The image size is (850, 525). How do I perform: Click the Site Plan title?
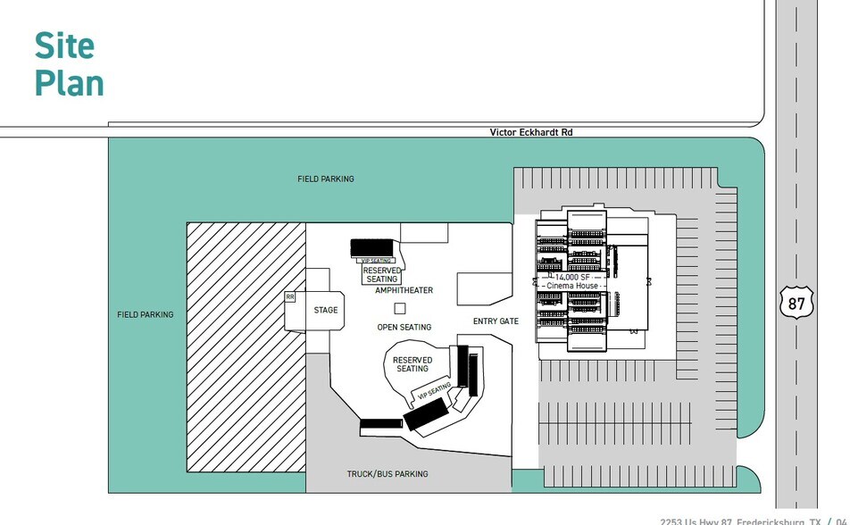click(69, 64)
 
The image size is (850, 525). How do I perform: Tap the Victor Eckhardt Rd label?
click(531, 132)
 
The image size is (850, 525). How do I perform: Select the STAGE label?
click(326, 311)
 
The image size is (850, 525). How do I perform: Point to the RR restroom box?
click(290, 296)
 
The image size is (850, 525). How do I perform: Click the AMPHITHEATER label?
click(404, 290)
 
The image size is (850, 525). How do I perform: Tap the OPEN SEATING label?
click(404, 328)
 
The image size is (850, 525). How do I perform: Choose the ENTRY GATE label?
click(496, 321)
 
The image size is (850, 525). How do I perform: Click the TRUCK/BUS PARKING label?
click(387, 474)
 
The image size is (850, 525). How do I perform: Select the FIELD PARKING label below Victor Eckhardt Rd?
click(326, 179)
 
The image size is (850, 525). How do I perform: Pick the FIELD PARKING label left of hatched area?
click(146, 315)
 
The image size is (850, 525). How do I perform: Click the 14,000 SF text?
click(571, 277)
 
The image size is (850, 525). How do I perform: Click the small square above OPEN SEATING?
click(400, 309)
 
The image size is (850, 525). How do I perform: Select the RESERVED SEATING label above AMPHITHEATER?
click(382, 275)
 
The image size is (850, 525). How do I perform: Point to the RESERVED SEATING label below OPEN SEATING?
click(412, 364)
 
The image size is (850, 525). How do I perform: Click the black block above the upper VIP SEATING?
click(371, 247)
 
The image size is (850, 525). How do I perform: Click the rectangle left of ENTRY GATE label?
click(483, 288)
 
